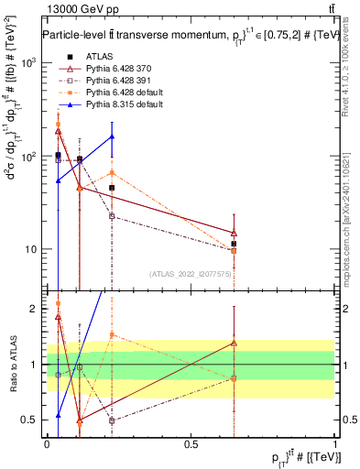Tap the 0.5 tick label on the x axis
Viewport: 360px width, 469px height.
[191, 442]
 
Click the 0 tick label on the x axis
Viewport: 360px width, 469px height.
[48, 442]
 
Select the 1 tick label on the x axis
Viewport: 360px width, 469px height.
[335, 442]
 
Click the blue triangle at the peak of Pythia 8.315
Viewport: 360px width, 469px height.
[112, 136]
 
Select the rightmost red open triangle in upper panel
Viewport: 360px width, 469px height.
[235, 233]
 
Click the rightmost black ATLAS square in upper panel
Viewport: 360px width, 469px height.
[235, 244]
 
